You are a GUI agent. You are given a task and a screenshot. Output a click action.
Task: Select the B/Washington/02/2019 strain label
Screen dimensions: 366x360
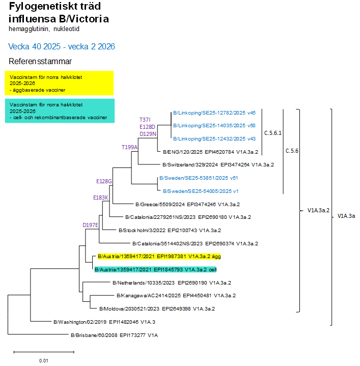(104, 322)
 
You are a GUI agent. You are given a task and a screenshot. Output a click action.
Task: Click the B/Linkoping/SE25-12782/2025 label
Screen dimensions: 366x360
(214, 113)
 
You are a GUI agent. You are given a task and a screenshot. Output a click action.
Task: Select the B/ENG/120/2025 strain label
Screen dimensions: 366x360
(211, 152)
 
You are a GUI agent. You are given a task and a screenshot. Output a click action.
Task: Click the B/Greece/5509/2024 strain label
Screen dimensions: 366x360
(187, 204)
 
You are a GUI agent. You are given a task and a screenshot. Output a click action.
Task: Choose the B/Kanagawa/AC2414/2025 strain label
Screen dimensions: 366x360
(176, 295)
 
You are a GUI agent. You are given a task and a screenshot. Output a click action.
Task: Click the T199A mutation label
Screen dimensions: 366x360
(129, 147)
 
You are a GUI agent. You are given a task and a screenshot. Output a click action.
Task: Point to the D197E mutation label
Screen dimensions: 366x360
(91, 224)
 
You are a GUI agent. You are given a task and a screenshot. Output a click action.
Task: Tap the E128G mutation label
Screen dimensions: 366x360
(104, 181)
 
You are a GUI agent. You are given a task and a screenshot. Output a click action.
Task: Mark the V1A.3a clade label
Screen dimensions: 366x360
(346, 216)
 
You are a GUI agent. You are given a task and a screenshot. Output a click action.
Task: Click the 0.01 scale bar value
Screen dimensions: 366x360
(43, 360)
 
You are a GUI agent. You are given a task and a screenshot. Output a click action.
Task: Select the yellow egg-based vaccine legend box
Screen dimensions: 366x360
(59, 83)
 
